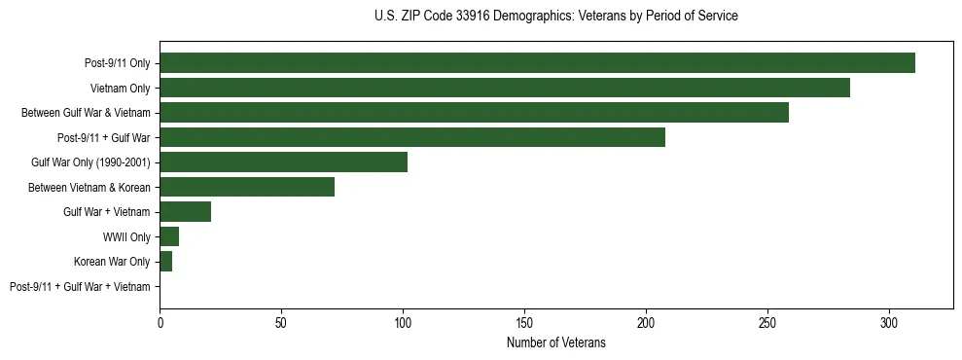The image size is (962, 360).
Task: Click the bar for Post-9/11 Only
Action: click(537, 63)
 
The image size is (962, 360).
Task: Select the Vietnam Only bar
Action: click(505, 88)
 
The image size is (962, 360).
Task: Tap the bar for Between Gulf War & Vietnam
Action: click(474, 113)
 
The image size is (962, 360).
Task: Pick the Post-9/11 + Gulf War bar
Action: click(412, 137)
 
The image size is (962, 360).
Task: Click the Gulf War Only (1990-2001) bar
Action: click(283, 162)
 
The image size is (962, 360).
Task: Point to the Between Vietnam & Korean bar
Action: click(247, 187)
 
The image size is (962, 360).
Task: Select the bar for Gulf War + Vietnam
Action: click(185, 212)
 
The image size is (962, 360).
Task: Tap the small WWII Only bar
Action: click(169, 236)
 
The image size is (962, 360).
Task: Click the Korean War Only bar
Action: click(166, 262)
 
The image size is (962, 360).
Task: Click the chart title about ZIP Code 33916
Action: click(555, 17)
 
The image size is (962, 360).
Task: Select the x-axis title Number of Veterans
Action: click(555, 343)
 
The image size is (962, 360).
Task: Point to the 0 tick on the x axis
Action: click(160, 322)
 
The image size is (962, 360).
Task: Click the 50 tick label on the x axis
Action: click(281, 322)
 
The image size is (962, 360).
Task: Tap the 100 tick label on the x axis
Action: click(403, 322)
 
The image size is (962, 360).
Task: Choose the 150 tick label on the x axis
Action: click(524, 322)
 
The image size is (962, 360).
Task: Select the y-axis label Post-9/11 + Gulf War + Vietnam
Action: click(80, 287)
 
